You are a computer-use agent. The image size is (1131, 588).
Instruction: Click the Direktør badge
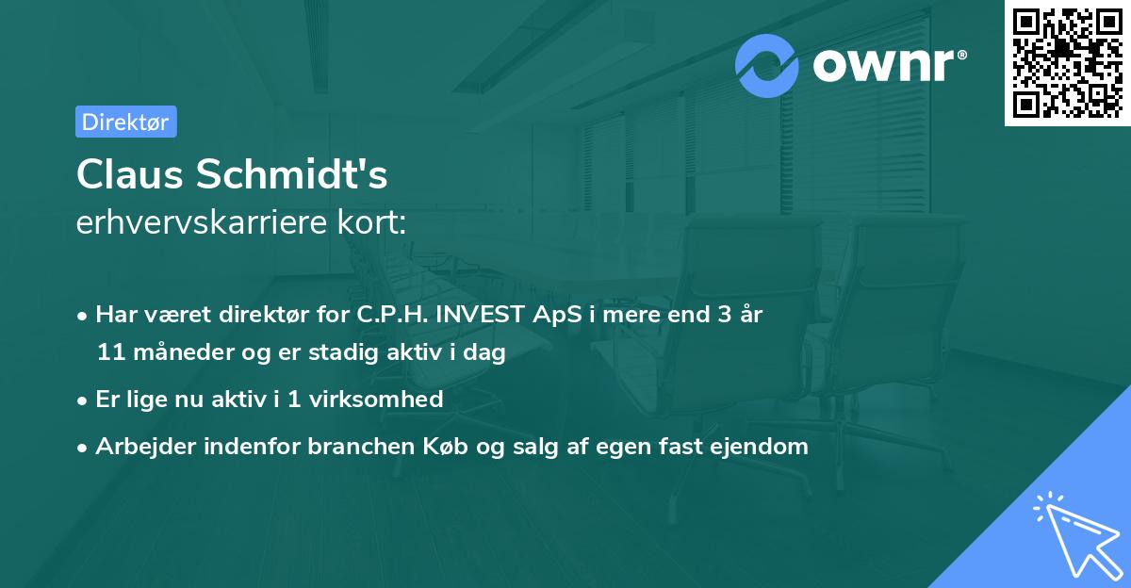(125, 122)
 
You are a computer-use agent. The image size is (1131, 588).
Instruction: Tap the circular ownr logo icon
(767, 66)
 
